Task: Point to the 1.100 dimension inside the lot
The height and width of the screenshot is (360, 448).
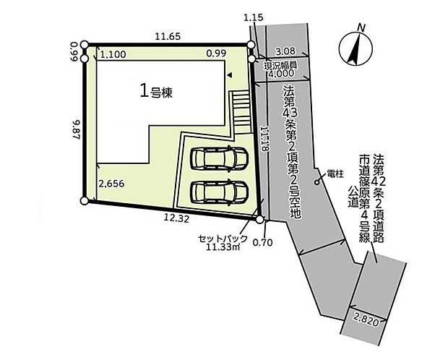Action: pyautogui.click(x=113, y=53)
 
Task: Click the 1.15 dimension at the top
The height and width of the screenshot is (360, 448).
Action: pyautogui.click(x=251, y=17)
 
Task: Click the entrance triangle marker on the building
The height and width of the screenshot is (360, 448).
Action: pyautogui.click(x=230, y=74)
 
